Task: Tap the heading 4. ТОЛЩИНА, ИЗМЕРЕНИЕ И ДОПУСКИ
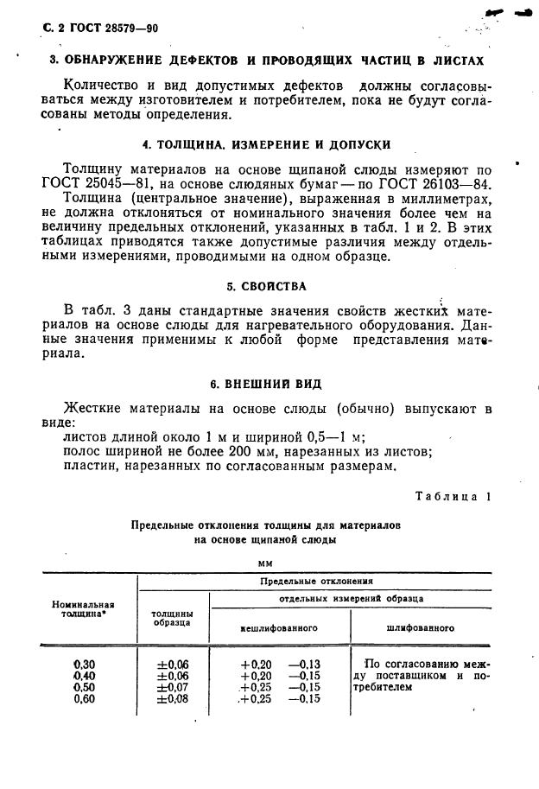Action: [x=267, y=144]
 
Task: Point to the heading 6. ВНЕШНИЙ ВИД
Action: [x=268, y=383]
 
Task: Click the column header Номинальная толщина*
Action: [x=84, y=609]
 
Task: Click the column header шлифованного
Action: [x=421, y=628]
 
